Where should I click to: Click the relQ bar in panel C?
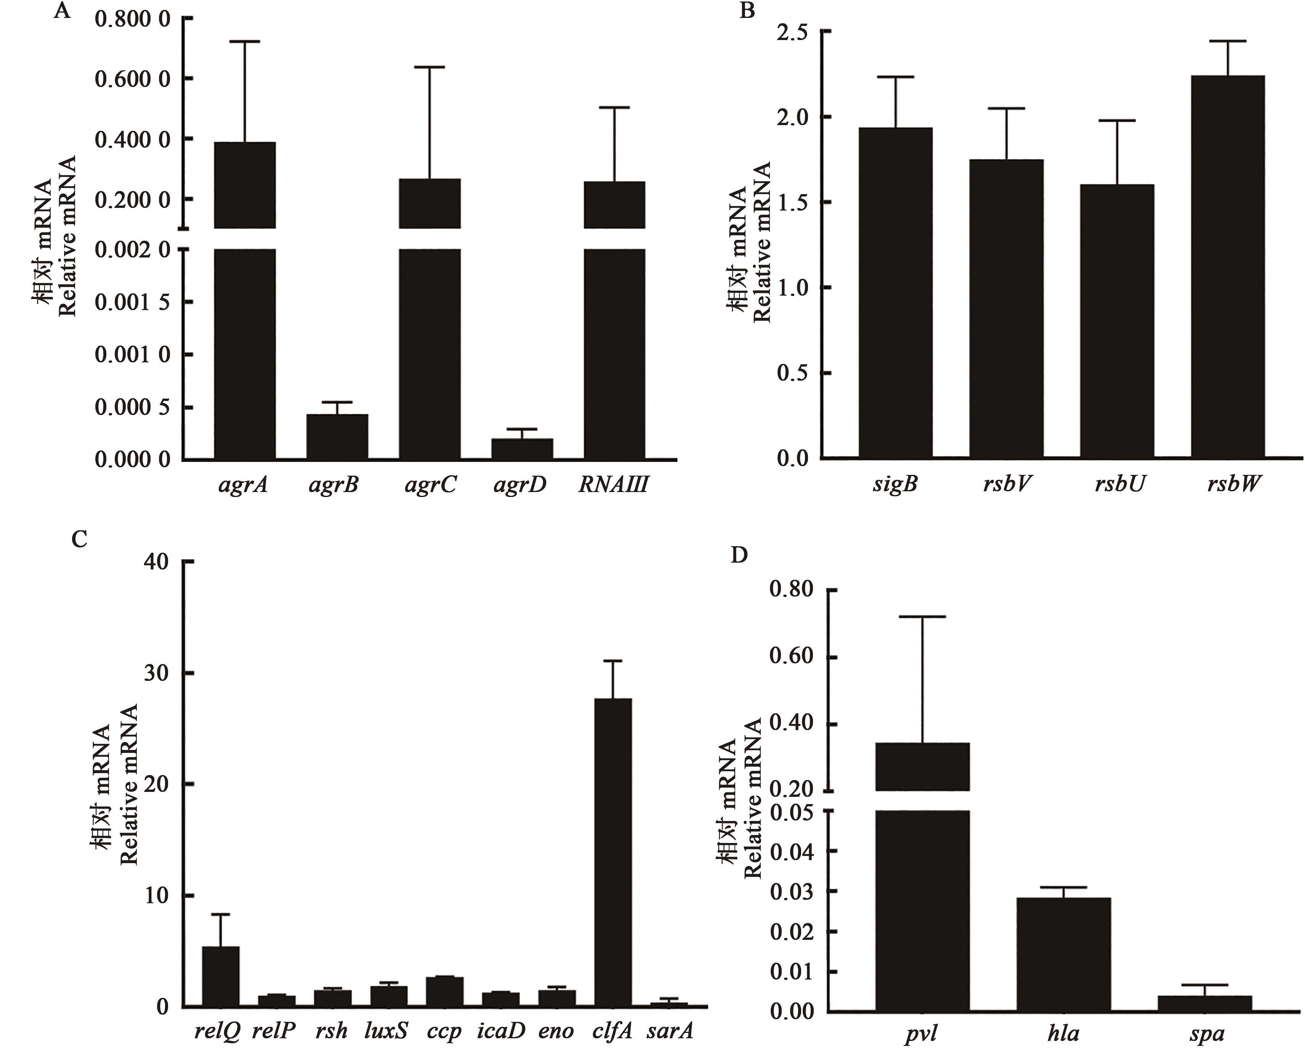tap(220, 976)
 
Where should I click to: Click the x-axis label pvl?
tap(922, 1034)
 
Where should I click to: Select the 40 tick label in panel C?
tap(156, 562)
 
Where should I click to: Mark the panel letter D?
tap(739, 555)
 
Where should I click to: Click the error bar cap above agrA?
tap(245, 41)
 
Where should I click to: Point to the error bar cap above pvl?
tap(923, 616)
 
